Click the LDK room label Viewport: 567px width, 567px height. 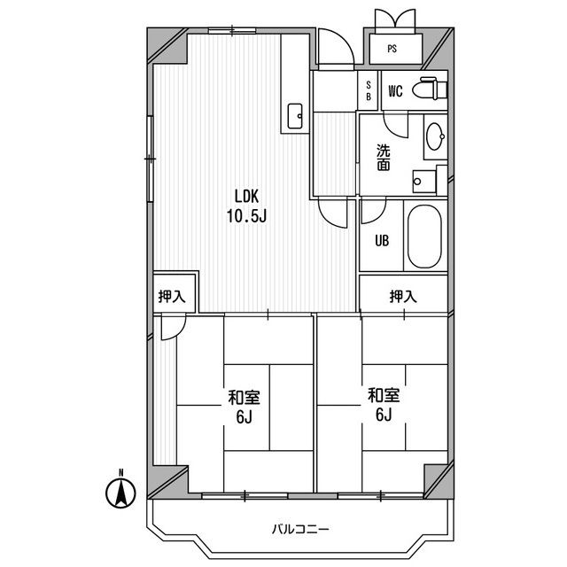246,197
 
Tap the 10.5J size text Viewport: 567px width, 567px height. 246,216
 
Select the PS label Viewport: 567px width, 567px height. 392,49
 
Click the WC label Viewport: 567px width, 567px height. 395,91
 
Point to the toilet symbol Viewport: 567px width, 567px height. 430,89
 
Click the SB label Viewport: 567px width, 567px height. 369,90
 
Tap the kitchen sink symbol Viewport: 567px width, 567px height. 295,116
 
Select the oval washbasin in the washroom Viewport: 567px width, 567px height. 435,136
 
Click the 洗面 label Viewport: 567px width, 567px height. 384,158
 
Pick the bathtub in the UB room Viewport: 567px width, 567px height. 424,237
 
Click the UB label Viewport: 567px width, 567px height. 382,240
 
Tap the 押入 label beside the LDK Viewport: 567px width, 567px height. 172,297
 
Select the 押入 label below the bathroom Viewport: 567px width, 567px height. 403,297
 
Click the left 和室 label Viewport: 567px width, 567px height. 244,398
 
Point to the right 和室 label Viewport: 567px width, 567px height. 384,395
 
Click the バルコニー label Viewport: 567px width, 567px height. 300,530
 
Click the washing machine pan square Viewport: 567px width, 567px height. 424,182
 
